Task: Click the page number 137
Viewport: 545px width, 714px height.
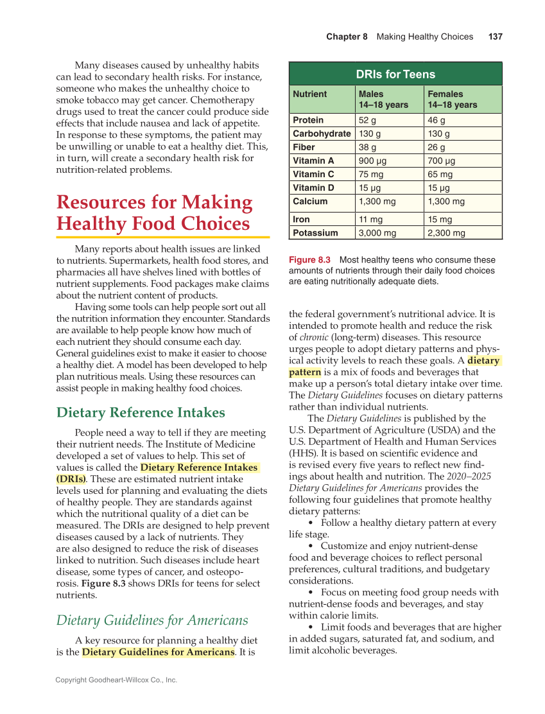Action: (495, 37)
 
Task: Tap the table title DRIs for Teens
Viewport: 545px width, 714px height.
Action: (395, 74)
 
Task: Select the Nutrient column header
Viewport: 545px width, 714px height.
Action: (310, 94)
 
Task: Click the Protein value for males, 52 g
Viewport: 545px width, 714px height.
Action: (368, 120)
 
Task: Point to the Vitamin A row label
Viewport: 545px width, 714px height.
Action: (313, 161)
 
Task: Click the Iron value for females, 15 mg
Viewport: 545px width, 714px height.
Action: (440, 220)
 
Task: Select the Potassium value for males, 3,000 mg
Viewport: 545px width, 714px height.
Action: (377, 233)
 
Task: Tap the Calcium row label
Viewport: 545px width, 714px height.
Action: (310, 201)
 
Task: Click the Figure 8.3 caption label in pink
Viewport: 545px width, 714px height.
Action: (309, 260)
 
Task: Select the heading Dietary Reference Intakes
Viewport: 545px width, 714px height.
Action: (141, 412)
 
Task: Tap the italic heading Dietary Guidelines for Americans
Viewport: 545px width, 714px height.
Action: (152, 620)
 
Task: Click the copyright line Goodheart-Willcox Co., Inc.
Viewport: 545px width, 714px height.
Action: (116, 680)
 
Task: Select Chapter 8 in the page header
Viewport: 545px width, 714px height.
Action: (347, 37)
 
